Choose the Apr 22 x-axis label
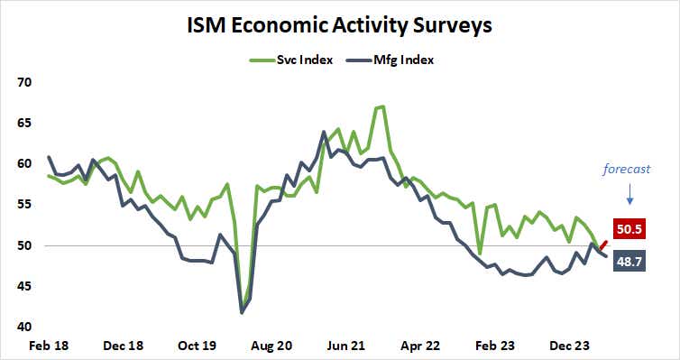[419, 345]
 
